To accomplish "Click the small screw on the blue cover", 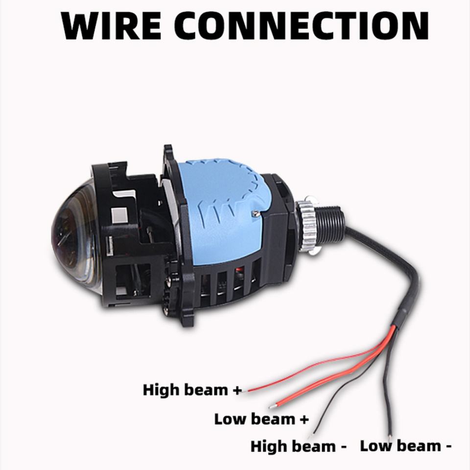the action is (255, 212).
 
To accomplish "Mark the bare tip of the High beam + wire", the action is (249, 390).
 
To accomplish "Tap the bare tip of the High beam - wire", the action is (310, 435).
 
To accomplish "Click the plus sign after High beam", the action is (237, 391).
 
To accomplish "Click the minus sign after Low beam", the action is (448, 446).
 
